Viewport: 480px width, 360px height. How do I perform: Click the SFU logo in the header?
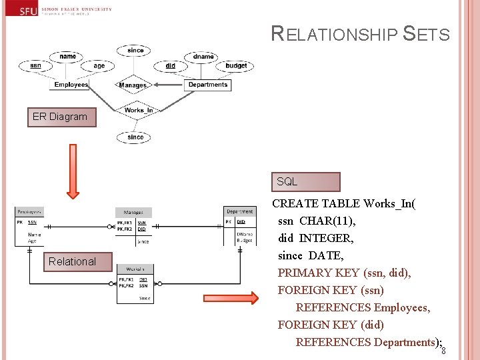click(28, 10)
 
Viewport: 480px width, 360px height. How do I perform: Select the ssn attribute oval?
click(35, 65)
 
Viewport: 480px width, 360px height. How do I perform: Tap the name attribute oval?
click(67, 57)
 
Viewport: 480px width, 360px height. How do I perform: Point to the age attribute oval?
click(99, 65)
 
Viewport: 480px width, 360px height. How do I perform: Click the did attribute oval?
click(171, 65)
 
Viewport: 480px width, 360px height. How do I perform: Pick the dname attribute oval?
click(203, 57)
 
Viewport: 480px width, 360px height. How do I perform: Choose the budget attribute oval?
click(236, 65)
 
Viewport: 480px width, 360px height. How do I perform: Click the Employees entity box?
click(71, 85)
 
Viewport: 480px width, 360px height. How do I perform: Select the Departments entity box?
click(208, 85)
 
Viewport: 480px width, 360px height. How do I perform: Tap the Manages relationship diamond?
click(133, 85)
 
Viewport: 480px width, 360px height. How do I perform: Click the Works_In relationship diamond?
click(138, 110)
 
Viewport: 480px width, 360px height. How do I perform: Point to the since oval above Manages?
click(135, 50)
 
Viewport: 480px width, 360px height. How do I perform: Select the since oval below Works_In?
click(135, 137)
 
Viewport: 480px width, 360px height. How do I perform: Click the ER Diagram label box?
click(60, 117)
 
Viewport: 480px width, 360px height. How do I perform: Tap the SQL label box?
click(305, 182)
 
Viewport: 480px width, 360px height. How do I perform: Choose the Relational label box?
click(72, 261)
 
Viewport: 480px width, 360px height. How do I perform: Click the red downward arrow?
click(73, 174)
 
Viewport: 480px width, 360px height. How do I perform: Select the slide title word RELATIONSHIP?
click(333, 35)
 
